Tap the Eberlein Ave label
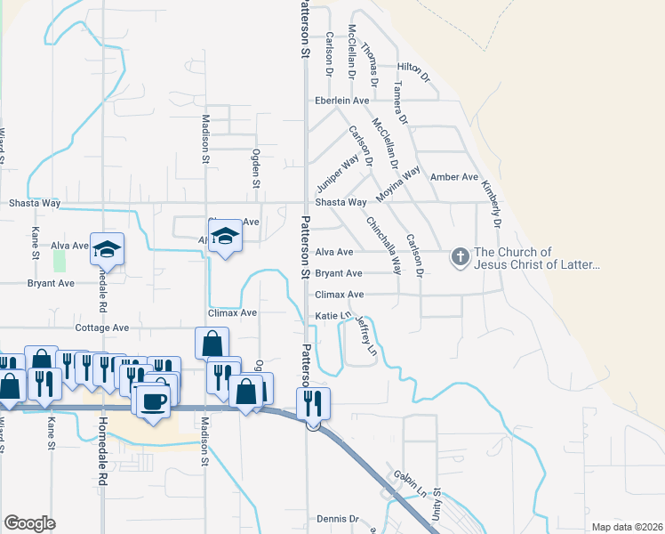pyautogui.click(x=341, y=101)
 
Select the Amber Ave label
pyautogui.click(x=454, y=177)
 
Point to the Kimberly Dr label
pyautogui.click(x=492, y=203)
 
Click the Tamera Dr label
pyautogui.click(x=400, y=101)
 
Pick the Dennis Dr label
pyautogui.click(x=337, y=518)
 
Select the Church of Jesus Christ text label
pyautogui.click(x=538, y=258)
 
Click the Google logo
pyautogui.click(x=29, y=523)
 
